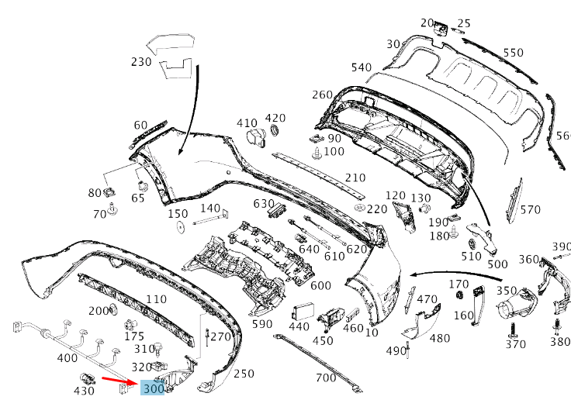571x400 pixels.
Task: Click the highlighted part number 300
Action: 153,388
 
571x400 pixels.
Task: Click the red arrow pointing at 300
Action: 121,381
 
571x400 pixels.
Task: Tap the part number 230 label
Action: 141,61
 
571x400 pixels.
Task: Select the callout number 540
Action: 361,67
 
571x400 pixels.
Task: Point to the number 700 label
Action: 326,378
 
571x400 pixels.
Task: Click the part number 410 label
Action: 247,123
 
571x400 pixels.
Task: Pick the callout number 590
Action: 262,324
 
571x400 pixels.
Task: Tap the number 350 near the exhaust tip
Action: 507,291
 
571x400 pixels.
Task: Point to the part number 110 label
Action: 156,299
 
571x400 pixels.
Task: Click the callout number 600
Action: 320,285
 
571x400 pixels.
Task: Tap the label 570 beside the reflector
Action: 530,209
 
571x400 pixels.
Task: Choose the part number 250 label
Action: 244,374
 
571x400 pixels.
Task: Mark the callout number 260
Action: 322,95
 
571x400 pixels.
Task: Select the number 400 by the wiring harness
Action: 67,358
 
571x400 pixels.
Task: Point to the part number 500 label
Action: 497,264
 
